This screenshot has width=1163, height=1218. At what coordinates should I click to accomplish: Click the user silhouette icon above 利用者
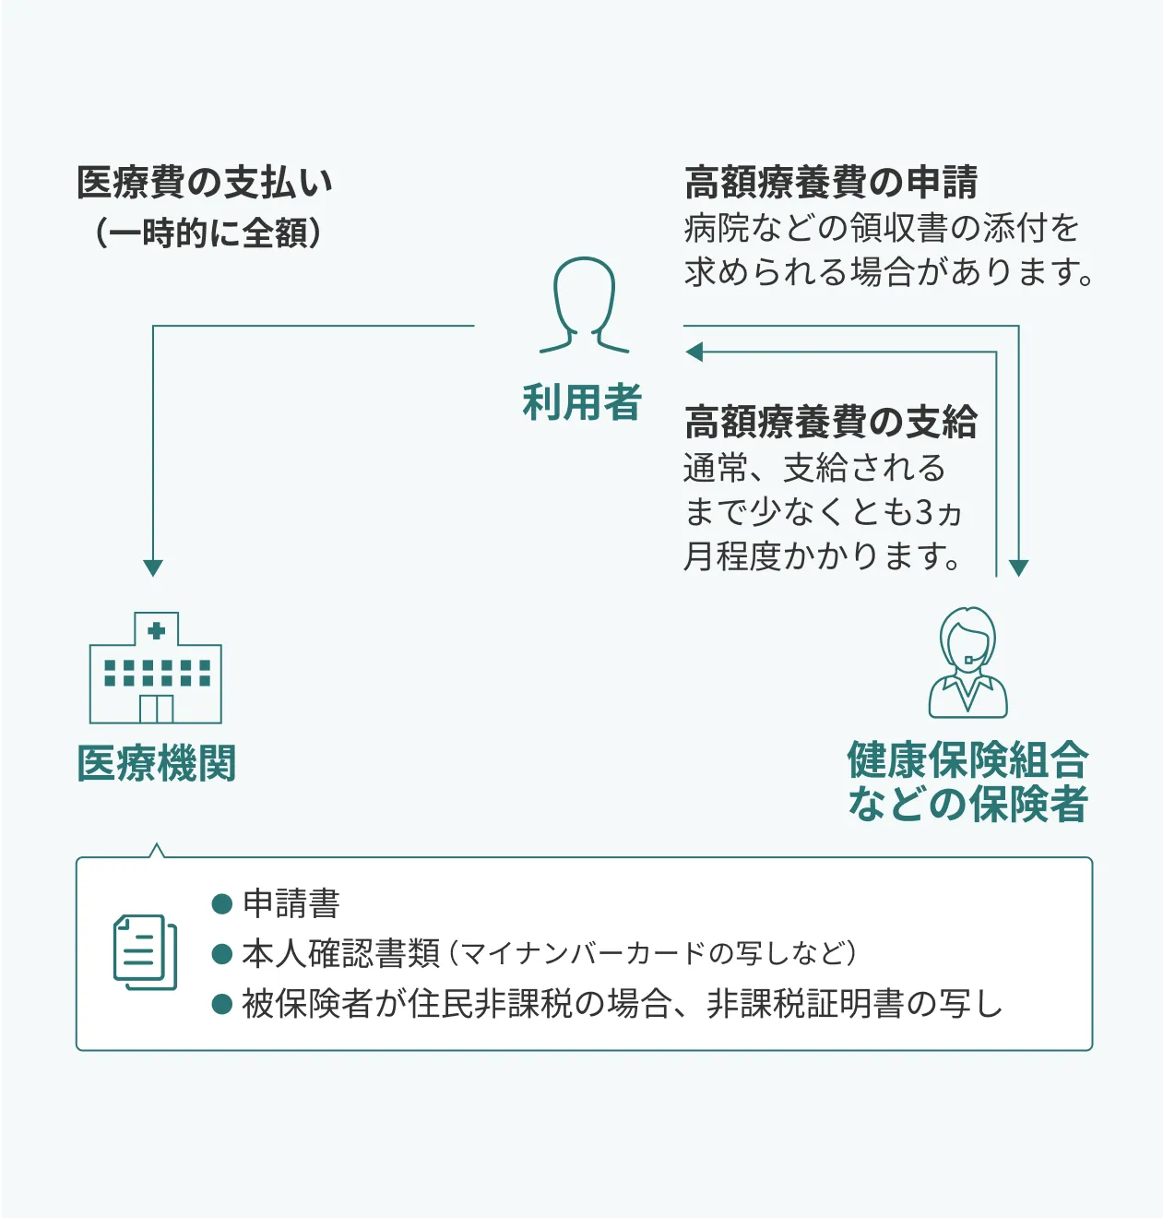tap(584, 304)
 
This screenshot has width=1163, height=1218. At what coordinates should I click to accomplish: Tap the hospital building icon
tap(156, 668)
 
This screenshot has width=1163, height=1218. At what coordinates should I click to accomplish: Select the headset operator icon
tap(967, 663)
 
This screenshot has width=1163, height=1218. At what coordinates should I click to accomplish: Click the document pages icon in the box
tap(145, 952)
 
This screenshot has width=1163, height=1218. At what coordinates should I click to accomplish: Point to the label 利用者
tap(582, 402)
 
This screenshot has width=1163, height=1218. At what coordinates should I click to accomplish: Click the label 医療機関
tap(157, 763)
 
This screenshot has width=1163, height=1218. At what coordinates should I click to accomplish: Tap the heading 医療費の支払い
tap(205, 182)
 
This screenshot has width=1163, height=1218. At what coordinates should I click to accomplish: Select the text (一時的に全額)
tap(208, 233)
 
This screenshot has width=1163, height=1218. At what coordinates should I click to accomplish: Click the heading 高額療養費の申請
tap(831, 182)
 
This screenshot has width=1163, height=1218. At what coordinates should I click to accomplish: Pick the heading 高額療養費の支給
tap(831, 422)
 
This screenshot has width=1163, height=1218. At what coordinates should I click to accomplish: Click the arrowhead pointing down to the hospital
tap(153, 567)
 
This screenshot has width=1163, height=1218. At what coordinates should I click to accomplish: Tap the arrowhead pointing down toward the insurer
tap(1018, 567)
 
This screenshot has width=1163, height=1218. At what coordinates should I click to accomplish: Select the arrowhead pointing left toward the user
tap(694, 352)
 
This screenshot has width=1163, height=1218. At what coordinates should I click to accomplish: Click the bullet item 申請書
tap(291, 903)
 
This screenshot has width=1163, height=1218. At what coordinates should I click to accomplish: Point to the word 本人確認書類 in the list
tap(341, 954)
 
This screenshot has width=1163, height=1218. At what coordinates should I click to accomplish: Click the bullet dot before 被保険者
tap(222, 1004)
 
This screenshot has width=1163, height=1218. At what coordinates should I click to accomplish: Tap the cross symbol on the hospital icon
tap(157, 630)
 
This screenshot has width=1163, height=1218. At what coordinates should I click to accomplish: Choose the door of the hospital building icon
tap(157, 710)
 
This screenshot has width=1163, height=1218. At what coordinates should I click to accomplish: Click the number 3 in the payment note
tap(924, 513)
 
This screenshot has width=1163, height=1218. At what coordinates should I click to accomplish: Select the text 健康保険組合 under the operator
tap(967, 759)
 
